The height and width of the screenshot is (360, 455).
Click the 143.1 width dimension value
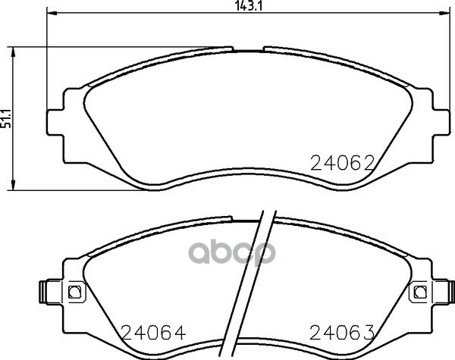[x=249, y=6]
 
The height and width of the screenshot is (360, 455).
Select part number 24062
[x=343, y=163]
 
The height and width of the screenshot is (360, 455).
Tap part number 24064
[x=153, y=333]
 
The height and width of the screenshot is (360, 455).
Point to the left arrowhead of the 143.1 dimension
[x=52, y=13]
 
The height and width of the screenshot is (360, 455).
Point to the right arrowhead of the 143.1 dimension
[x=445, y=13]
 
